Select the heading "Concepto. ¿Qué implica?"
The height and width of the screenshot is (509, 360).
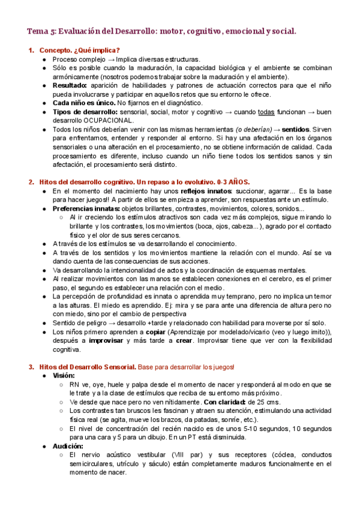[79, 50]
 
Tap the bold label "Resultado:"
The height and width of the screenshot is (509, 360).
[71, 86]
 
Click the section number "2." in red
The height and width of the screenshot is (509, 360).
[32, 182]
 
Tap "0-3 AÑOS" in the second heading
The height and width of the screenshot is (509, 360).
[233, 182]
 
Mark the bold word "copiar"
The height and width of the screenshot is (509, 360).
[156, 331]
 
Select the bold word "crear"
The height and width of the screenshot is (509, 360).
[183, 340]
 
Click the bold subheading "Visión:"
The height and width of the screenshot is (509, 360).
[64, 375]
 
